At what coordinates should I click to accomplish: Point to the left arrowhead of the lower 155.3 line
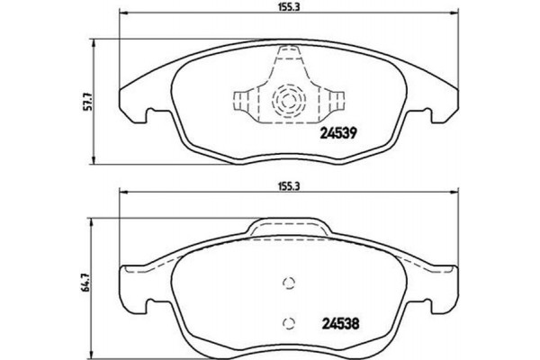[x=123, y=192]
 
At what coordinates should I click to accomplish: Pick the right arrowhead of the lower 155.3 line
[x=454, y=192]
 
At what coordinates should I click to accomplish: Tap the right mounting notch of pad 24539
[x=432, y=115]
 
